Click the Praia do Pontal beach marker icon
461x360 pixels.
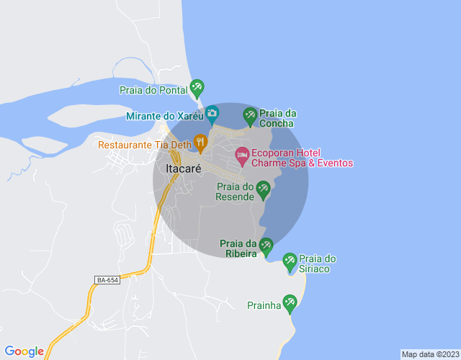pyautogui.click(x=197, y=89)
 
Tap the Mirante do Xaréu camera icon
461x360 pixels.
pyautogui.click(x=212, y=113)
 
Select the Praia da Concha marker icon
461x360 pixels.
pyautogui.click(x=250, y=114)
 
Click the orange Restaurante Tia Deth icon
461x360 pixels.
pyautogui.click(x=200, y=142)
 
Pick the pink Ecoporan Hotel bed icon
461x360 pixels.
pyautogui.click(x=242, y=154)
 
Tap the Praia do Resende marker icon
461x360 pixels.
pyautogui.click(x=264, y=189)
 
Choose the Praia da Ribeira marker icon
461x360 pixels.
pyautogui.click(x=266, y=246)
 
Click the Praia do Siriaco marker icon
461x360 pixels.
pyautogui.click(x=290, y=261)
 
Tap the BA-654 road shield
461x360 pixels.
pyautogui.click(x=107, y=279)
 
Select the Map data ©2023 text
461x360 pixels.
pyautogui.click(x=429, y=354)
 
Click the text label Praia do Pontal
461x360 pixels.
pyautogui.click(x=153, y=90)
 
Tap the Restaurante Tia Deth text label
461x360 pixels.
pyautogui.click(x=144, y=145)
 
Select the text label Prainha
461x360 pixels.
pyautogui.click(x=264, y=305)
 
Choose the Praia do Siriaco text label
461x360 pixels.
pyautogui.click(x=318, y=264)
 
